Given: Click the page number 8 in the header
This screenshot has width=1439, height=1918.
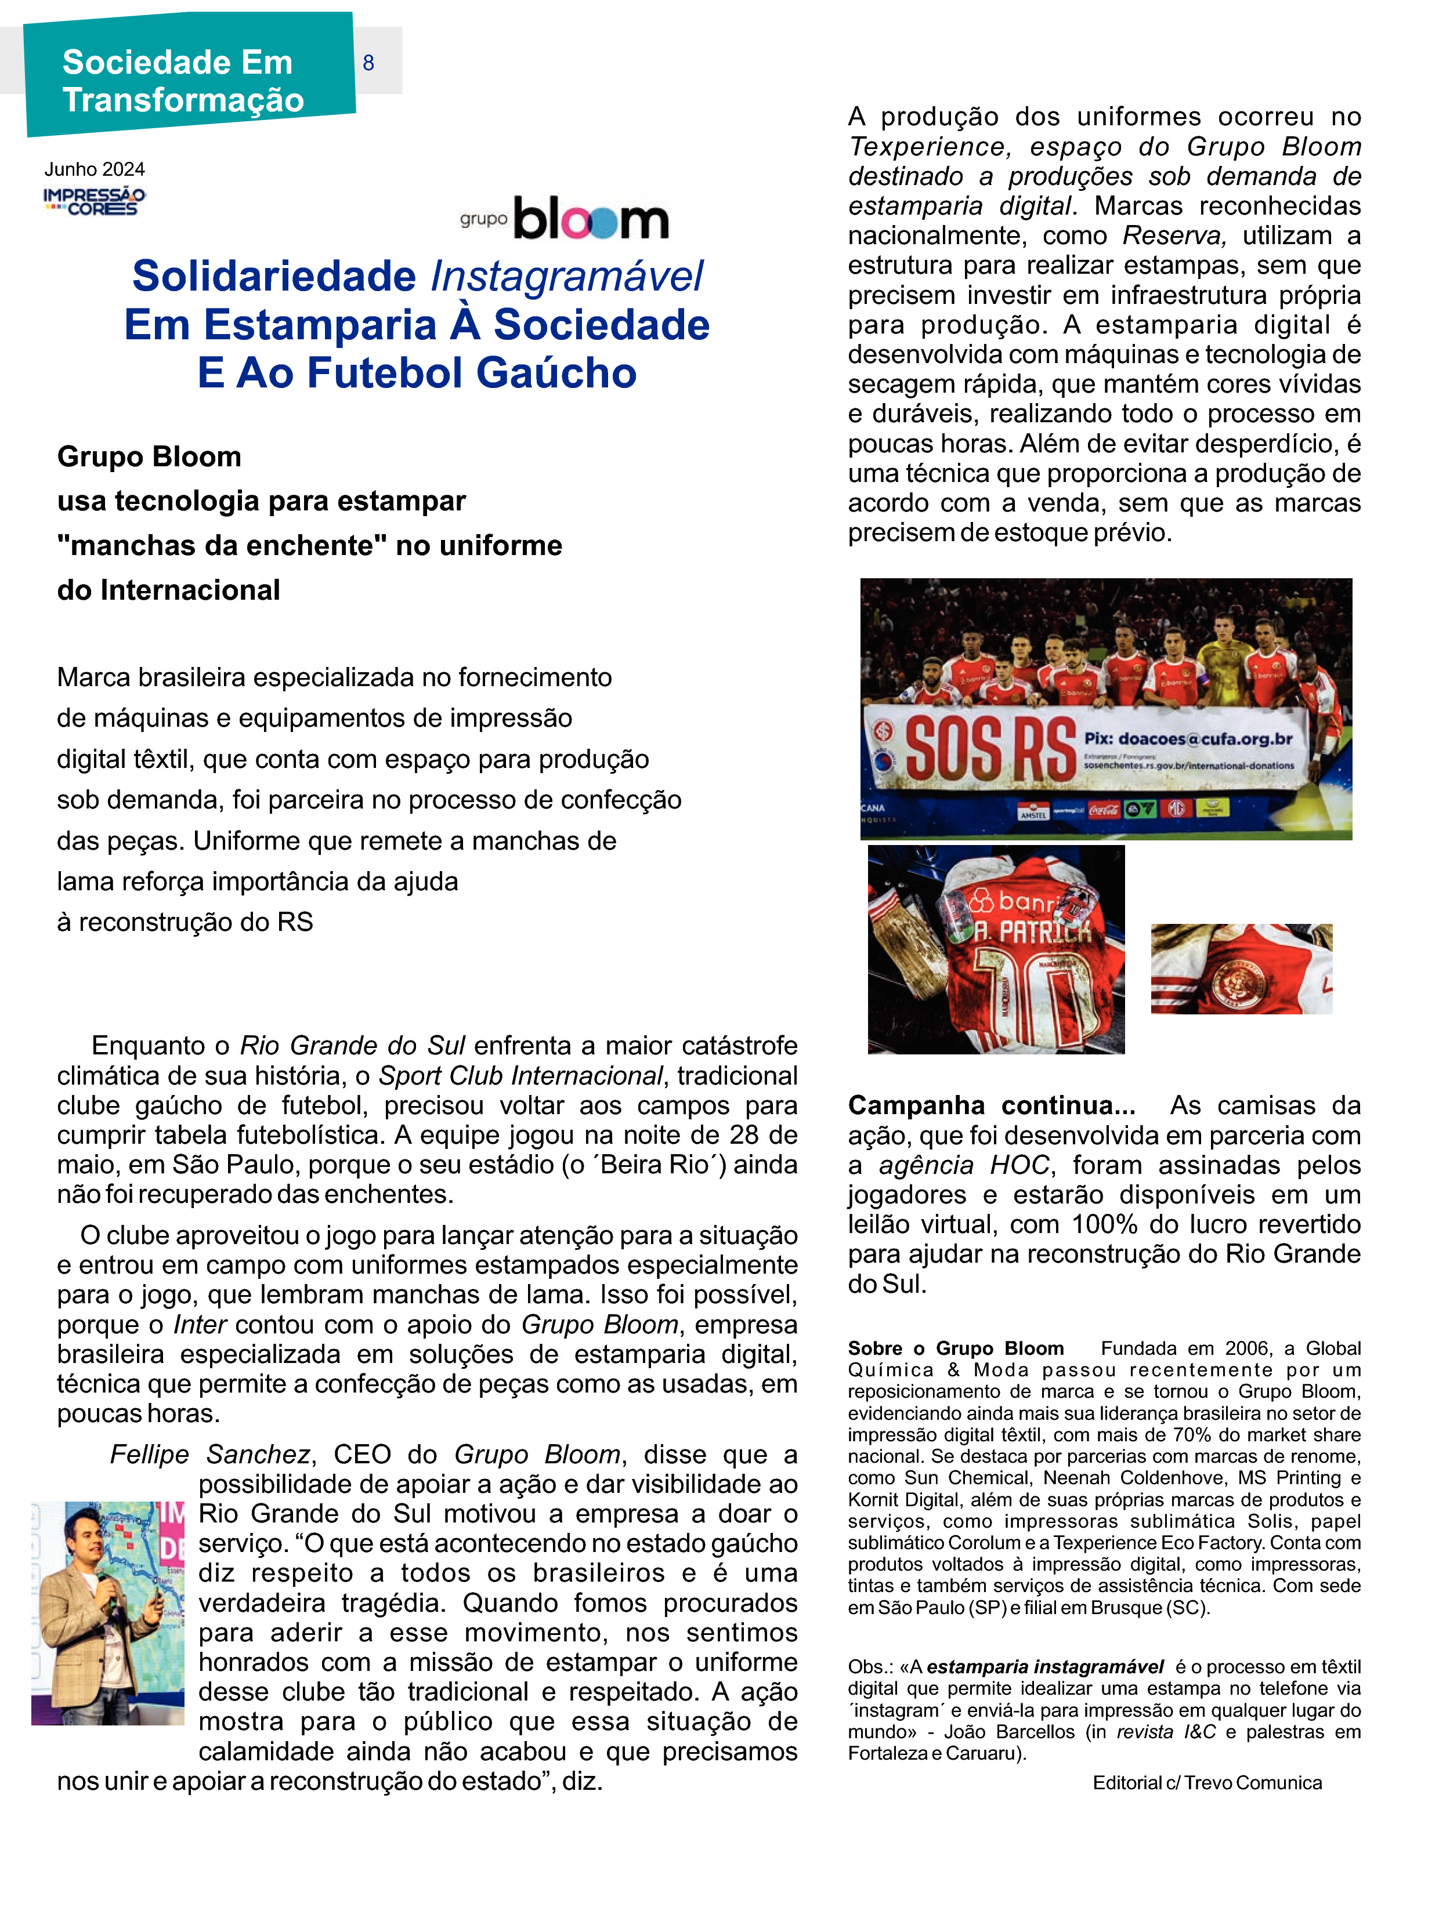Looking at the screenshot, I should [368, 63].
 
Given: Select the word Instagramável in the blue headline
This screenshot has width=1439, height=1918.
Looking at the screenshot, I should [566, 277].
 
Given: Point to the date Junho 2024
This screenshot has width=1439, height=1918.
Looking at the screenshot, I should [95, 169].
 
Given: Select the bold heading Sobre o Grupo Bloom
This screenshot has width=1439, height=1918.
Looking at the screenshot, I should [956, 1348].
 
